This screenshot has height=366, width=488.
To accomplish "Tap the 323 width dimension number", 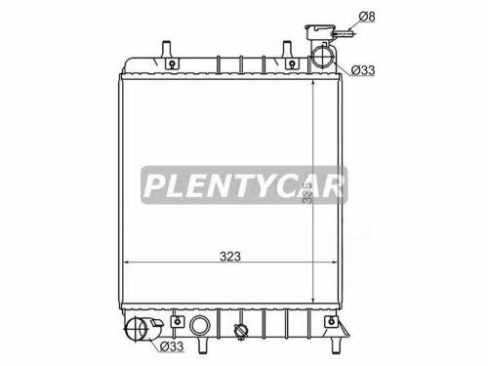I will pyautogui.click(x=229, y=257).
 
